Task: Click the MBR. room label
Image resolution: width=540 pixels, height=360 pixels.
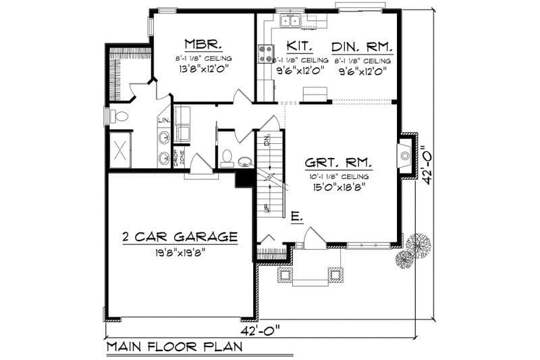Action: pyautogui.click(x=202, y=45)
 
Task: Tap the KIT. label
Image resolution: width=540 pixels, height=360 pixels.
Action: pyautogui.click(x=298, y=46)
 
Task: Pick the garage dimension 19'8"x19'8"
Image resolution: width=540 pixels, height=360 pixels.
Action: pyautogui.click(x=179, y=252)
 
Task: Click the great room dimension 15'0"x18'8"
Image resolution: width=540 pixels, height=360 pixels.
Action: pyautogui.click(x=337, y=188)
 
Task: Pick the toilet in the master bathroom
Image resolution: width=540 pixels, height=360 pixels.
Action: pyautogui.click(x=120, y=116)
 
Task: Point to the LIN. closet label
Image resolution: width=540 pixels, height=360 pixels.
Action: pyautogui.click(x=163, y=121)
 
